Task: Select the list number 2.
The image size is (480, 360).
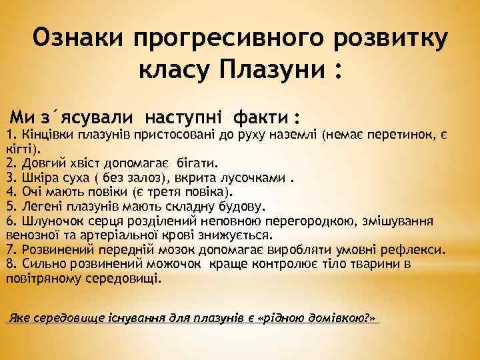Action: (10, 162)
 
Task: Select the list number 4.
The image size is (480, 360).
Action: (10, 191)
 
